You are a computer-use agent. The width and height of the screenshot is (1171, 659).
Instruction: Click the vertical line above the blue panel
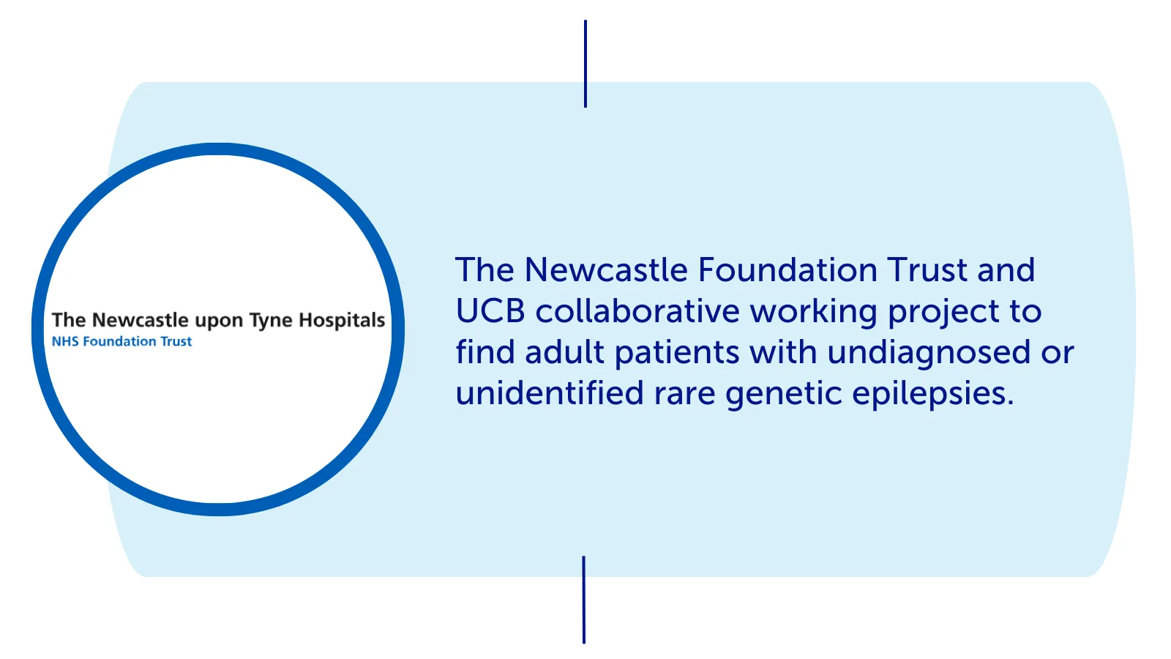585,64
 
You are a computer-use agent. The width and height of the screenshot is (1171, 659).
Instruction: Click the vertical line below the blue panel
584,600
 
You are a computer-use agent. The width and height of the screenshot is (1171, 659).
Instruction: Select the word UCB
490,311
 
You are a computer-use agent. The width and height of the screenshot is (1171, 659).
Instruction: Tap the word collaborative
637,310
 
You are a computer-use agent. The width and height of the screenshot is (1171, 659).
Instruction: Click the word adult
564,351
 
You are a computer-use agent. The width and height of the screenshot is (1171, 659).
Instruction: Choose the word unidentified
550,392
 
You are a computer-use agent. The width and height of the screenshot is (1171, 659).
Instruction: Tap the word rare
684,396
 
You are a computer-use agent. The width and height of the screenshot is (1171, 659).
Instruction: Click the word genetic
784,395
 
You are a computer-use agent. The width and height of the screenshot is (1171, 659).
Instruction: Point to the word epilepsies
933,395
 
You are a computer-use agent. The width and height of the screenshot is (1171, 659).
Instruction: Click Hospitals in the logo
342,320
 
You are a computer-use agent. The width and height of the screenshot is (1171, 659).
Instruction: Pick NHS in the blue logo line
65,341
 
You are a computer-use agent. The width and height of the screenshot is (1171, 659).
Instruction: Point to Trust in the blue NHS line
176,341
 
